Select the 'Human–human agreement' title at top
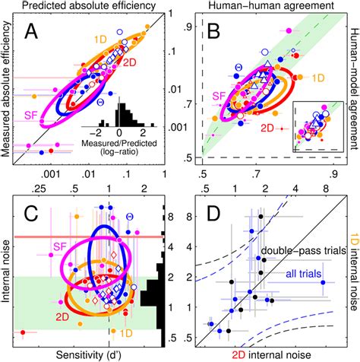[266, 7]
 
